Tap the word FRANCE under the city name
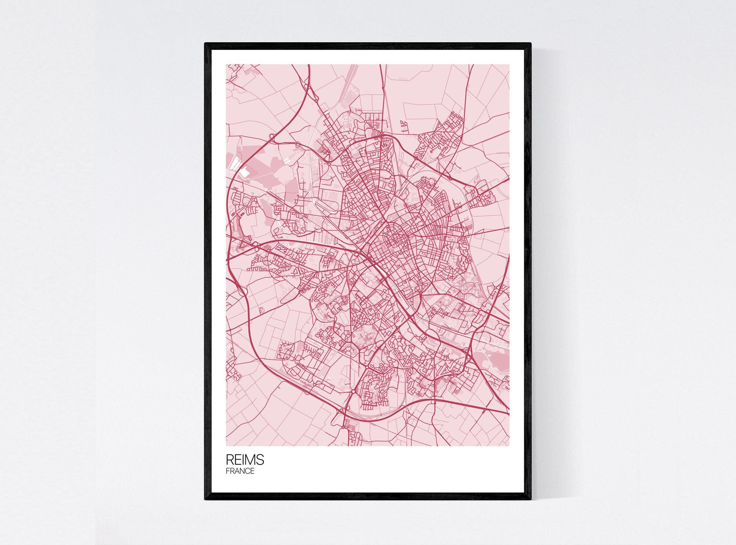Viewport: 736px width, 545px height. [x=240, y=471]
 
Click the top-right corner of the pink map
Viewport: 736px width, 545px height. [x=509, y=65]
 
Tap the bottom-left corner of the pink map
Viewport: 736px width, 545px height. [x=226, y=446]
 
